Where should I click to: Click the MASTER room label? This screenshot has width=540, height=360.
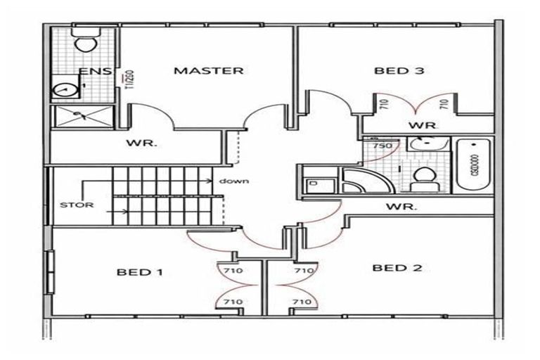(209, 71)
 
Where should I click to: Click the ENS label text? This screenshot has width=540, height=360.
(92, 72)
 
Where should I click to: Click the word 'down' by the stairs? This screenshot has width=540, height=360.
(234, 181)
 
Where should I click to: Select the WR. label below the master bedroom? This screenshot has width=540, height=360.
(141, 143)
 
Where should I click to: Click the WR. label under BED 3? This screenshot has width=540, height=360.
(424, 125)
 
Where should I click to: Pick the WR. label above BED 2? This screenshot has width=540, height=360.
(403, 207)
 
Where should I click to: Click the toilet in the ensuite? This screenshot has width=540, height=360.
(86, 42)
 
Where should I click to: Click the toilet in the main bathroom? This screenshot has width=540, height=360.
(423, 177)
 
